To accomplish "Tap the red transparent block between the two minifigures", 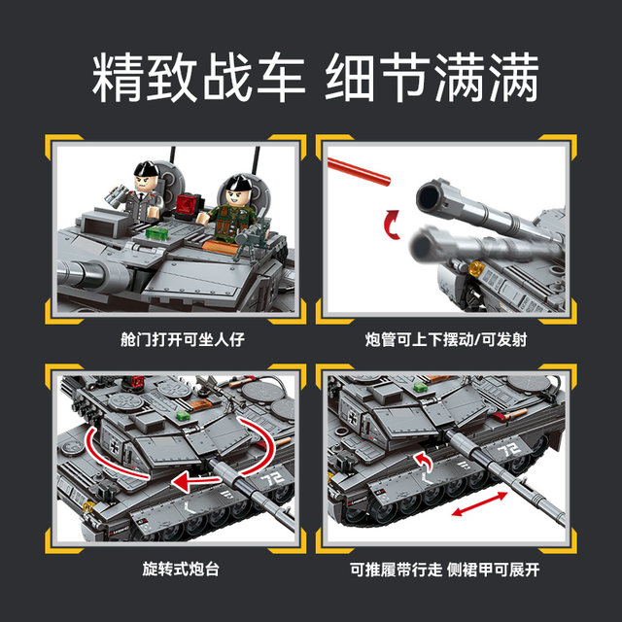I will pos(186,205).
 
